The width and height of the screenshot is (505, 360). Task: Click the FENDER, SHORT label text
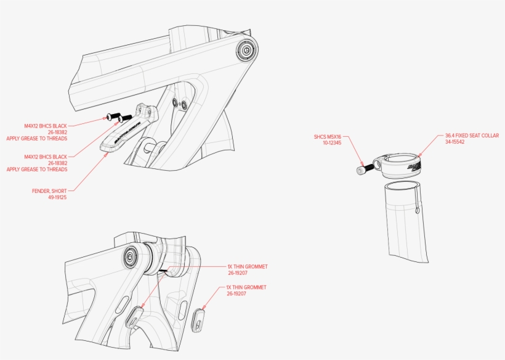point(49,191)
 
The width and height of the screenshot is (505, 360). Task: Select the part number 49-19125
point(57,197)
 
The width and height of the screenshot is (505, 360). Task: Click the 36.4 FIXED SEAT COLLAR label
point(472,136)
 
